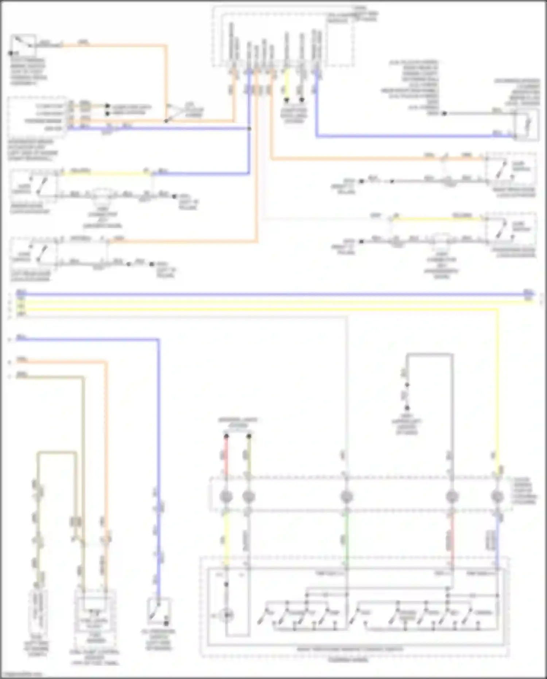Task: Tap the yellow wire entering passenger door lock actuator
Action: click(x=438, y=219)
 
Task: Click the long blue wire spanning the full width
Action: click(x=273, y=294)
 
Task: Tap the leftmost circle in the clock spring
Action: click(x=226, y=497)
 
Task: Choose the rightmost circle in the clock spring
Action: click(x=497, y=497)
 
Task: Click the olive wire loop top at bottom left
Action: click(x=57, y=453)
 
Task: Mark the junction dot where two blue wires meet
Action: click(x=249, y=128)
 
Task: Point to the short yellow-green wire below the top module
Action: click(x=287, y=84)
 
